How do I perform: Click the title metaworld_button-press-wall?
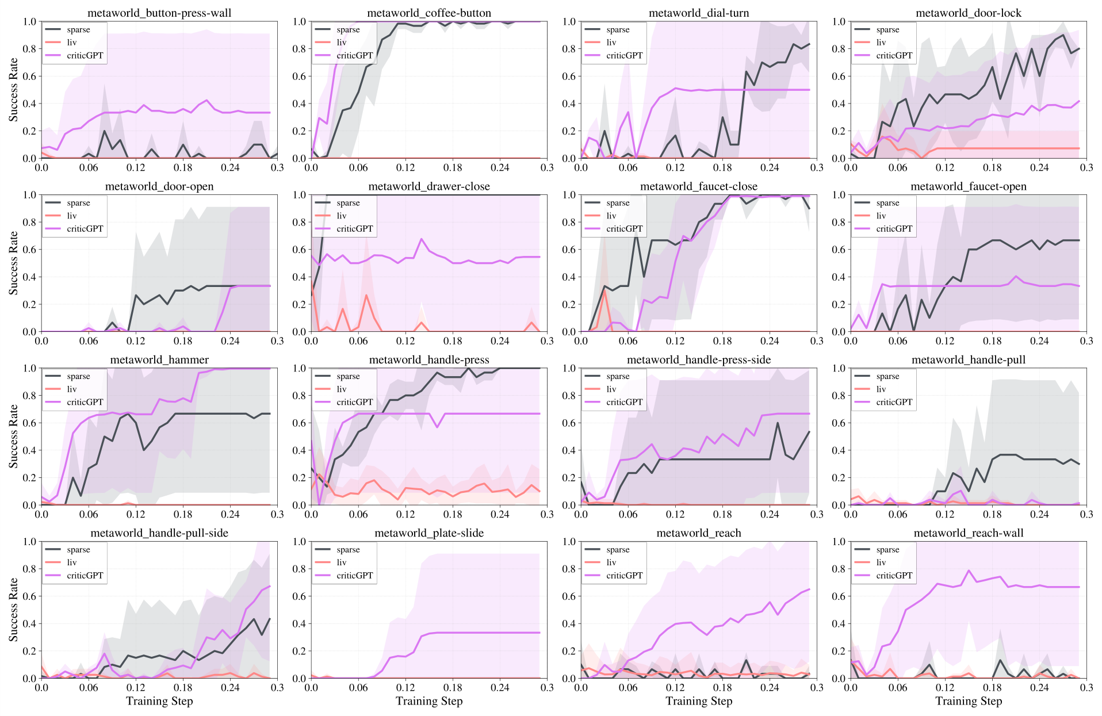click(159, 13)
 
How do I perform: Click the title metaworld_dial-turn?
click(699, 13)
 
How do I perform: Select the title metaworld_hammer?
click(159, 359)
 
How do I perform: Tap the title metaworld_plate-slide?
click(429, 533)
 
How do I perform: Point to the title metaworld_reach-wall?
click(969, 533)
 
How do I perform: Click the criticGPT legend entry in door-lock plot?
click(894, 55)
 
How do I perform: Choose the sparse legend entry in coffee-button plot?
click(348, 29)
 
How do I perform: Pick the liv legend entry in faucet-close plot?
click(611, 216)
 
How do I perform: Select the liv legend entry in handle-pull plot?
click(881, 389)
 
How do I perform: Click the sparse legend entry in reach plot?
click(618, 549)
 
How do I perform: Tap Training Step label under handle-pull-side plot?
click(159, 701)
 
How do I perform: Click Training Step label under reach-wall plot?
click(969, 701)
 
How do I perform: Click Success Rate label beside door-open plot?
click(14, 263)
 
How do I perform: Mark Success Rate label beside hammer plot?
click(14, 436)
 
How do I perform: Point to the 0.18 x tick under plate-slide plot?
click(453, 687)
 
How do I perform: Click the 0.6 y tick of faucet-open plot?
click(839, 250)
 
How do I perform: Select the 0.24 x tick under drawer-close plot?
click(500, 340)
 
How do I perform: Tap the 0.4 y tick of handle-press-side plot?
click(569, 450)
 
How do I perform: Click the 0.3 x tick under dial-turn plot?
click(817, 167)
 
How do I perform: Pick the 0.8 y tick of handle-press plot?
click(300, 396)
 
